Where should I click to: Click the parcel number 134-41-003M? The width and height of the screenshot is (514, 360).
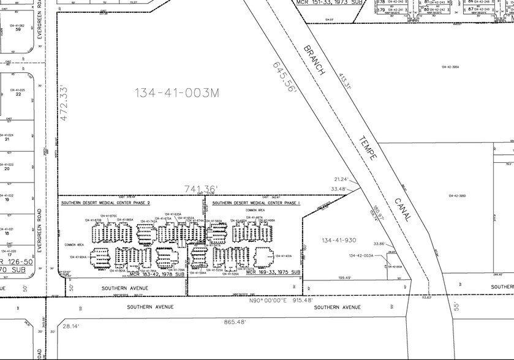click(x=176, y=92)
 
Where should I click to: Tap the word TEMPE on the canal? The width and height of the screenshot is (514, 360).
click(x=366, y=148)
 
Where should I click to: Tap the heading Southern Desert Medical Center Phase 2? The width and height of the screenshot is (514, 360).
click(x=105, y=201)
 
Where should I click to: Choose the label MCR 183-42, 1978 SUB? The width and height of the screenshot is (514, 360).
click(x=157, y=274)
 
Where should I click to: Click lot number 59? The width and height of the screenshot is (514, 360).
click(x=19, y=29)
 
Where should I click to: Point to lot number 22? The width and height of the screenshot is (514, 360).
click(x=19, y=95)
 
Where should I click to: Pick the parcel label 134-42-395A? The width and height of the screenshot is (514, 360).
click(x=450, y=67)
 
